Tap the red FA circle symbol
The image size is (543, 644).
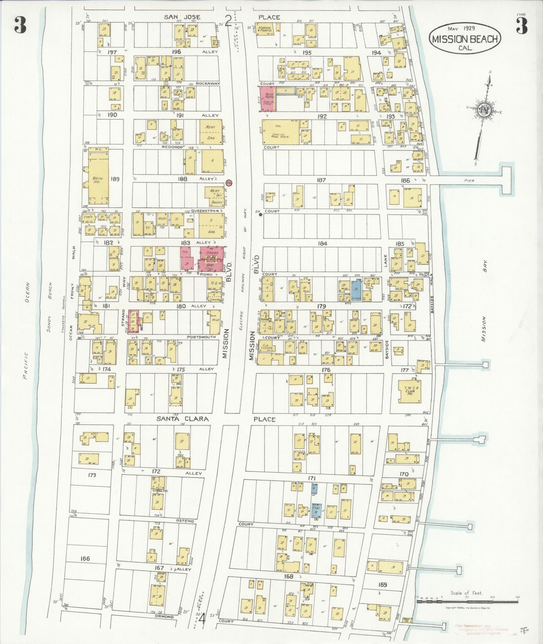229,182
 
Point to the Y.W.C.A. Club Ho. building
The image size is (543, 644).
410,391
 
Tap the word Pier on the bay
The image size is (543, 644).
469,181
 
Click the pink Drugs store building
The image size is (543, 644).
211,258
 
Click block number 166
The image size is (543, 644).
85,558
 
